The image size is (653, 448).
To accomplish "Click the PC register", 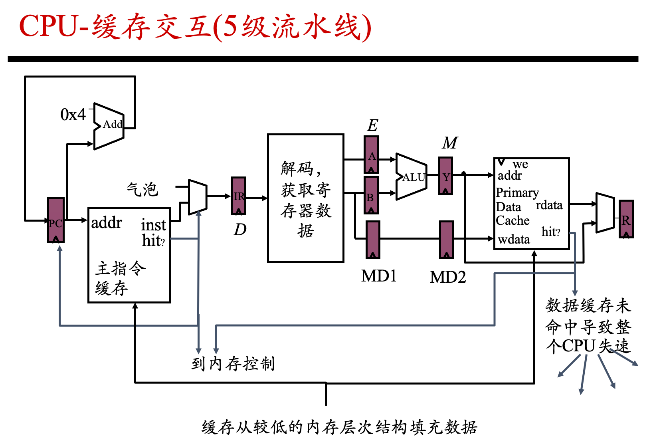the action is click(x=55, y=220).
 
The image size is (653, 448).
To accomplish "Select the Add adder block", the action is click(x=109, y=126).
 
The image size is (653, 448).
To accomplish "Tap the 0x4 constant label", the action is click(x=73, y=114).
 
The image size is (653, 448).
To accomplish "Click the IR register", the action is click(x=238, y=196).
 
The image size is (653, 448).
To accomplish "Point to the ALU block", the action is click(x=412, y=176).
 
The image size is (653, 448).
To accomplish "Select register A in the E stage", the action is click(x=371, y=155).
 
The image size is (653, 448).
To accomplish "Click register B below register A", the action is click(x=371, y=195).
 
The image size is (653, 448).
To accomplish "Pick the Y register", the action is click(x=445, y=176).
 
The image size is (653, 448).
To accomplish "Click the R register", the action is click(x=626, y=219).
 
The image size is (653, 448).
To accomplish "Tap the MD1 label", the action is click(x=379, y=276).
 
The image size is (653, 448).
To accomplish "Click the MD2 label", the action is click(x=448, y=277).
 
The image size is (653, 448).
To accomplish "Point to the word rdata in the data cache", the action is click(x=549, y=205).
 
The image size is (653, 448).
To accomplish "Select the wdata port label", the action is click(x=514, y=240).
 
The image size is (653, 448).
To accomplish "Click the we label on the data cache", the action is click(x=520, y=164).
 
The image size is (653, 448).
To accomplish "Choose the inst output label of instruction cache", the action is click(x=153, y=225).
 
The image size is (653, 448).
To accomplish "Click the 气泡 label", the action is click(x=142, y=189).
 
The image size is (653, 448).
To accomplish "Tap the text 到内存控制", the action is click(x=233, y=363).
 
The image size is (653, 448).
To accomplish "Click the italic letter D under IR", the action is click(x=240, y=230).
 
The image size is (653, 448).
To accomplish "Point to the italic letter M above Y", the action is click(x=450, y=143).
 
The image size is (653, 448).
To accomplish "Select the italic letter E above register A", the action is click(x=372, y=125).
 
